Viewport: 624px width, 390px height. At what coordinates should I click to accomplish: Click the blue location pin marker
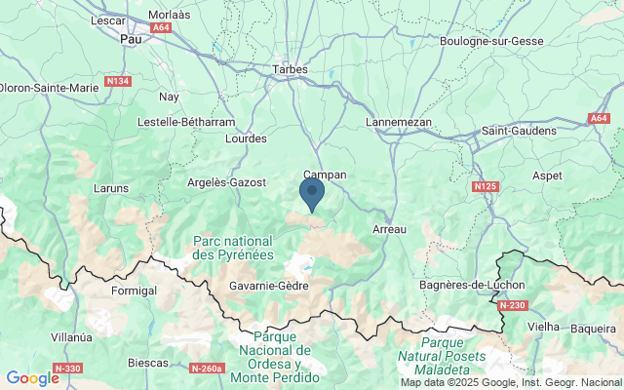[312, 193]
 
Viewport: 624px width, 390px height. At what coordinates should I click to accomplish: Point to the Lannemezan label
[398, 121]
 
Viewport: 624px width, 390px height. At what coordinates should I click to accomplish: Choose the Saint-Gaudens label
[518, 131]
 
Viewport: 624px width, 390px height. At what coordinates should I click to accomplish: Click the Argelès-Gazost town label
[225, 182]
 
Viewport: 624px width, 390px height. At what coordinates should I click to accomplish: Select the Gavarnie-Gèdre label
[268, 286]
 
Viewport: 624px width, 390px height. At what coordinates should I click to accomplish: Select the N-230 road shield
[512, 305]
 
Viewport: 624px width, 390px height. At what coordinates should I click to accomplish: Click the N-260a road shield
[208, 369]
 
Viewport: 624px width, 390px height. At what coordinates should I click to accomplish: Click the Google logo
[31, 378]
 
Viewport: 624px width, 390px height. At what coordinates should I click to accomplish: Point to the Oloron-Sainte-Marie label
[49, 88]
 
